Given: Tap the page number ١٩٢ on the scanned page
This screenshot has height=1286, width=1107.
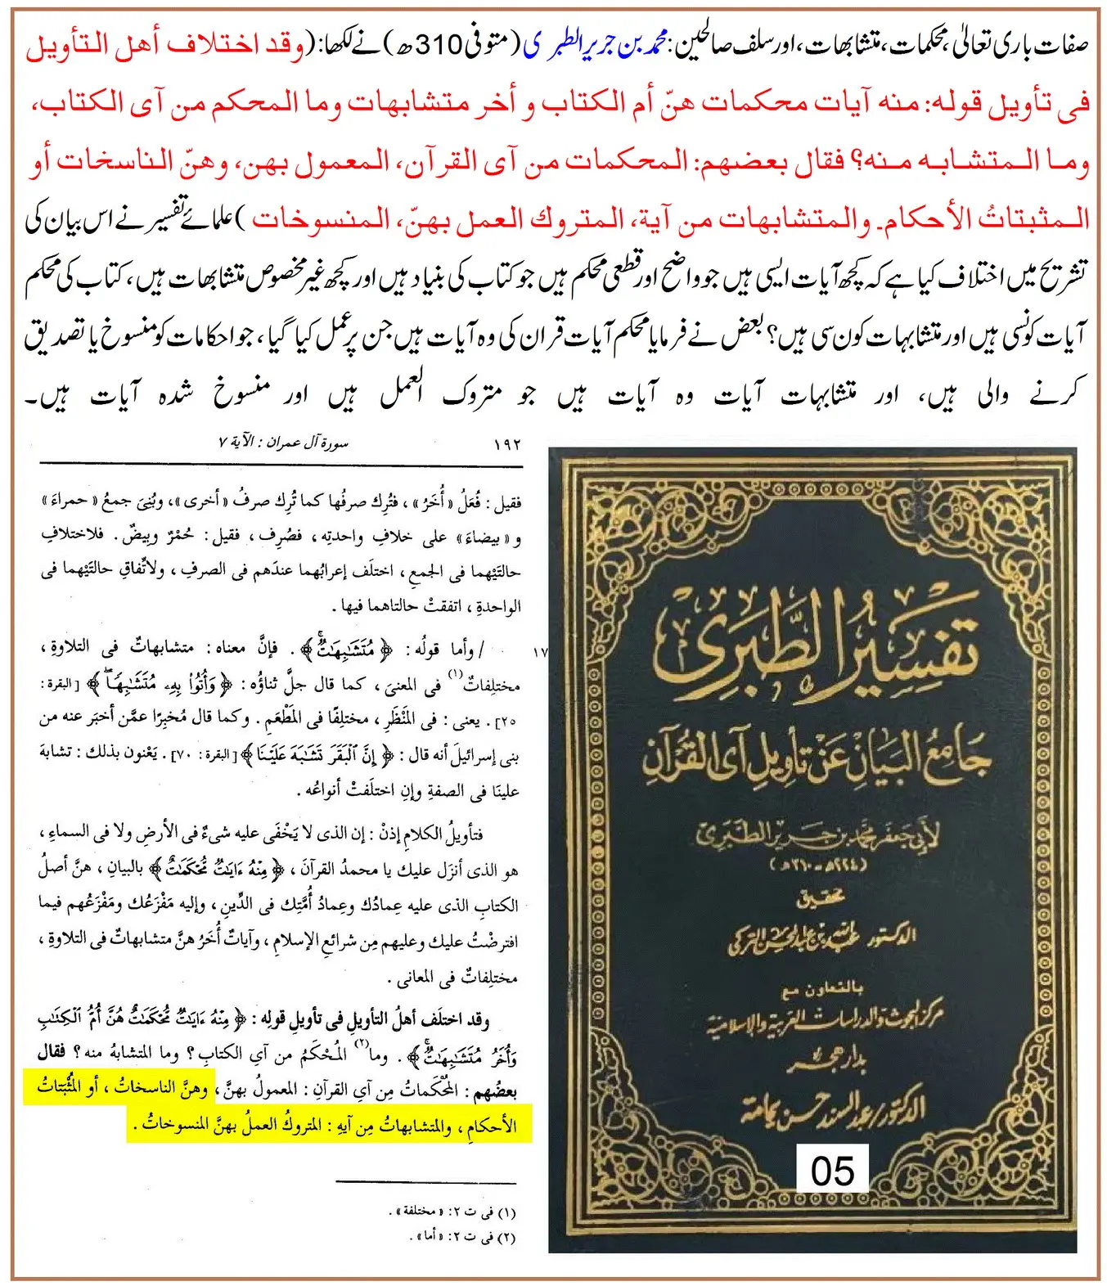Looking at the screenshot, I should (507, 445).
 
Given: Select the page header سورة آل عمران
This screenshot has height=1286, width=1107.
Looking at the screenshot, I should (283, 443).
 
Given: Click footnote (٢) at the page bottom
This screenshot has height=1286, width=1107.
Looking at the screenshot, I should (463, 1236).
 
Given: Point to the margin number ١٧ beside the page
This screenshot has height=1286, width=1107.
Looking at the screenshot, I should (539, 652).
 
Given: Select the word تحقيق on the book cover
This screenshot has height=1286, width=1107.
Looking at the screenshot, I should (818, 900).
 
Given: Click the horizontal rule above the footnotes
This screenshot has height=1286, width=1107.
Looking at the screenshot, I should (425, 1182).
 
